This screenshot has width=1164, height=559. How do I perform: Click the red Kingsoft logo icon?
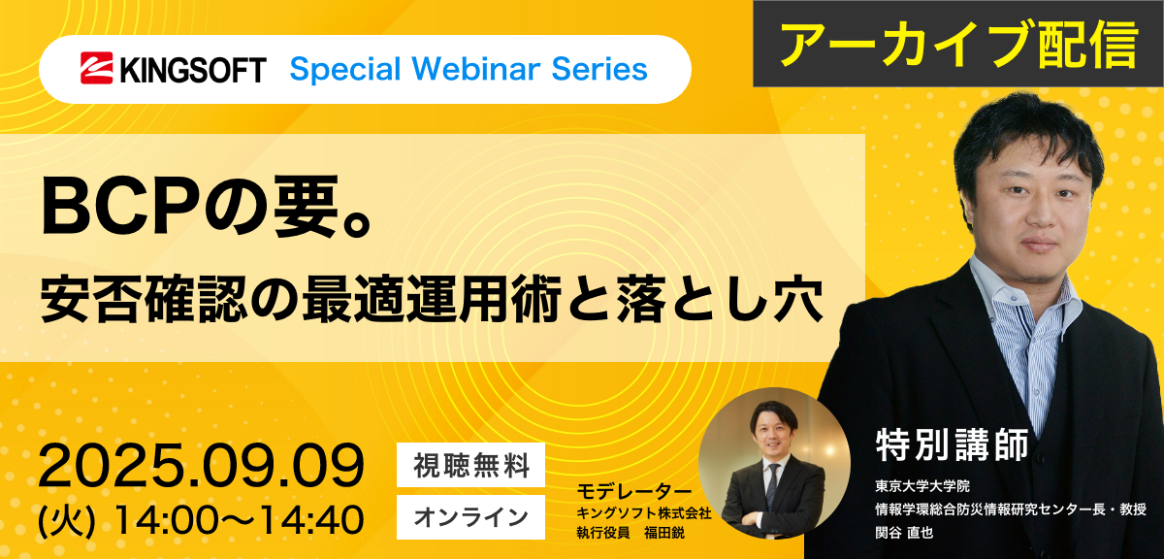pos(97,68)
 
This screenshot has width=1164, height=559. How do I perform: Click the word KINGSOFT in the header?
pos(193,70)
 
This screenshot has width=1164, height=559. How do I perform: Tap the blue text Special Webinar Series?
pos(469,69)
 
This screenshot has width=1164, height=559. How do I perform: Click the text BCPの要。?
pos(208,208)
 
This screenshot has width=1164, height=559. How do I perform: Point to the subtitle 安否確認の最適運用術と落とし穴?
pos(433,301)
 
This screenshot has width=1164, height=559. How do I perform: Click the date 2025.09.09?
pos(201,466)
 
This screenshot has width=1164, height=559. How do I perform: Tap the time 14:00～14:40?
pos(239,520)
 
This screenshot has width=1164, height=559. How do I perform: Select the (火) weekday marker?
pos(67,520)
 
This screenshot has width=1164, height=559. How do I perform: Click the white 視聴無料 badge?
pos(470,465)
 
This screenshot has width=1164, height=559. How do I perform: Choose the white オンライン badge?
pos(470,517)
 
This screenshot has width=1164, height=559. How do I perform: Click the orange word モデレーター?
pos(634,491)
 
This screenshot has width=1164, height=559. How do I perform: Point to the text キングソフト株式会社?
pos(644,513)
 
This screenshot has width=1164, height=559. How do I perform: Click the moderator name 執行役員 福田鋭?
pos(630,533)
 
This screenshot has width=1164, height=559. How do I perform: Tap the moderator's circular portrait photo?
pos(774,463)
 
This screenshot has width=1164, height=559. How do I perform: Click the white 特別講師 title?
pos(953,445)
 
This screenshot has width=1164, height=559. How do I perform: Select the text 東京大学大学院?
pos(922,486)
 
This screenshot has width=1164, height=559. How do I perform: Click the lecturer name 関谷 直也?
pos(904,533)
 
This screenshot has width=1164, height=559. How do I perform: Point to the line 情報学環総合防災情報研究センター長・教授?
pos(1011,510)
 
